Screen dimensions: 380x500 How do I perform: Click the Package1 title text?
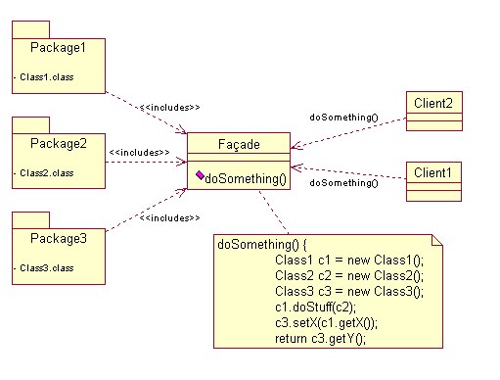pyautogui.click(x=58, y=47)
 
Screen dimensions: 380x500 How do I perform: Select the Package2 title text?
pyautogui.click(x=58, y=143)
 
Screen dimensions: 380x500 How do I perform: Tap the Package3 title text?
pyautogui.click(x=58, y=238)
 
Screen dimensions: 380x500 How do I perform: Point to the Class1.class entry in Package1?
pyautogui.click(x=43, y=76)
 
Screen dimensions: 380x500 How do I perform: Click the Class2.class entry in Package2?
pyautogui.click(x=43, y=172)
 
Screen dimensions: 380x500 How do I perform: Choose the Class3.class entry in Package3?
pyautogui.click(x=43, y=267)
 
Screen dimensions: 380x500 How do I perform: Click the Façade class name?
pyautogui.click(x=238, y=145)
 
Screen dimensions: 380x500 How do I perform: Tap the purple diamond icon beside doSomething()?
pyautogui.click(x=199, y=176)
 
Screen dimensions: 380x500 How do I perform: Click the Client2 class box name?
pyautogui.click(x=433, y=101)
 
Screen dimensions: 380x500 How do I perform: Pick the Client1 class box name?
pyautogui.click(x=433, y=172)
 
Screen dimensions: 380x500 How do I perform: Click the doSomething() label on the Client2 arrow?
pyautogui.click(x=343, y=118)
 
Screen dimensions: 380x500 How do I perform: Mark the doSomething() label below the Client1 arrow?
pyautogui.click(x=343, y=183)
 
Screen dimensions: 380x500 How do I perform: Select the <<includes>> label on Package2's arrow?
pyautogui.click(x=140, y=153)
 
